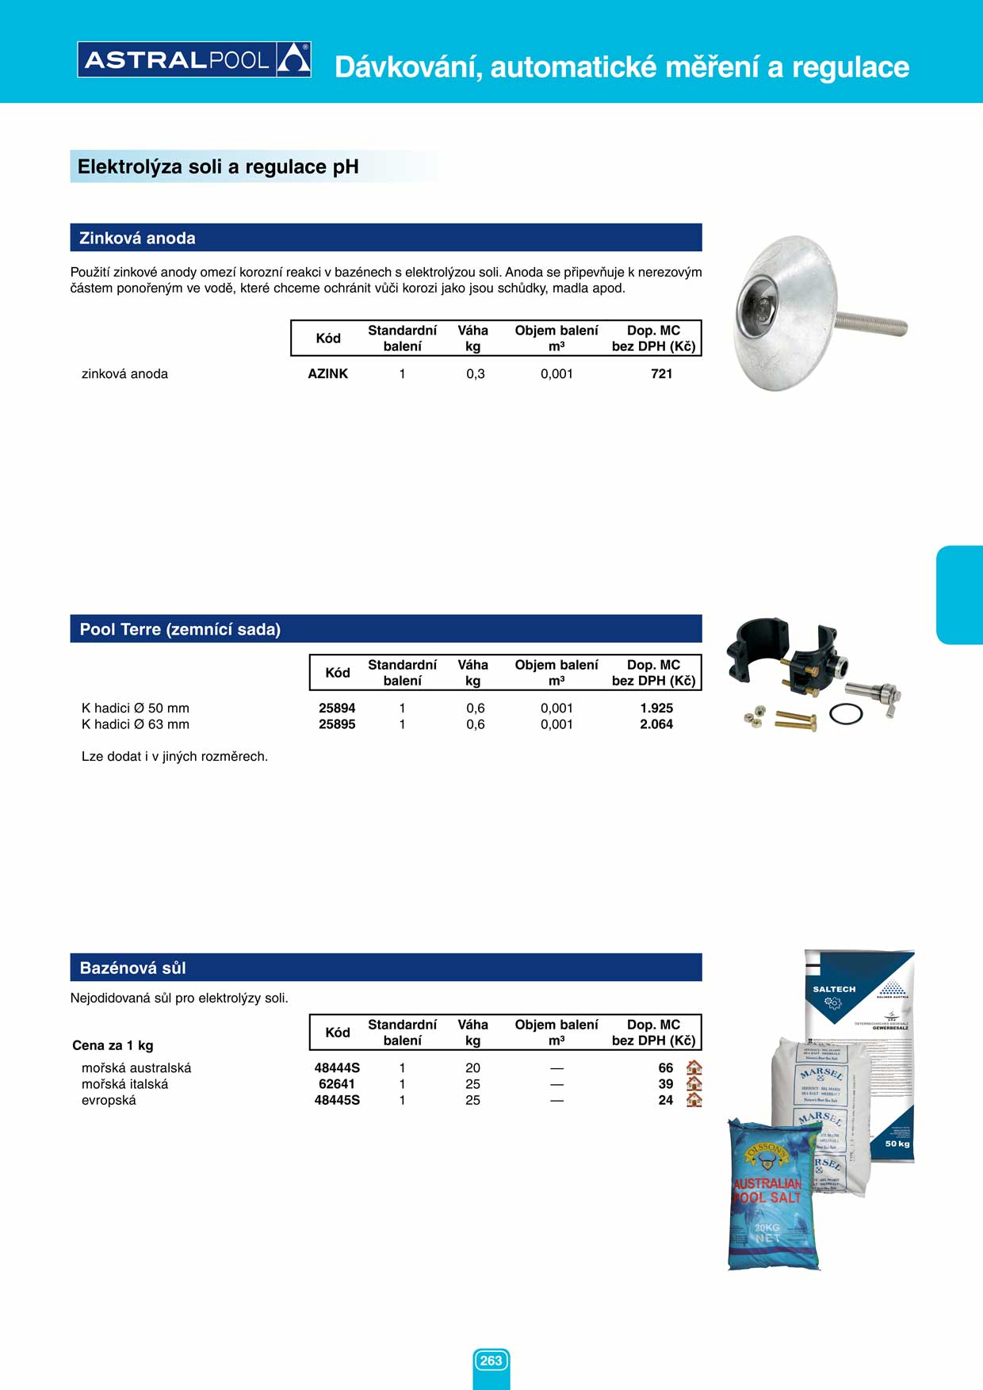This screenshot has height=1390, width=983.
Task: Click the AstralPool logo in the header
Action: (194, 59)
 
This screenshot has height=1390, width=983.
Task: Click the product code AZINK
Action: (327, 374)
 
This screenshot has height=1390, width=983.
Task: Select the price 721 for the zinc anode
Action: (661, 374)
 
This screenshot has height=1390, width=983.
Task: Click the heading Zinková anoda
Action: (137, 238)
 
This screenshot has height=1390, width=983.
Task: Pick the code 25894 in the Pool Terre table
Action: (337, 708)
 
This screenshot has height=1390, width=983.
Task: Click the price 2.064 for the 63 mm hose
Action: (656, 724)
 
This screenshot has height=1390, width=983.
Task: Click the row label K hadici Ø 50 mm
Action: (136, 708)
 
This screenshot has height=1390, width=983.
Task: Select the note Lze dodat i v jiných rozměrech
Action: (174, 757)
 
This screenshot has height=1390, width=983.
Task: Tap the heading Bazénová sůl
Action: (133, 968)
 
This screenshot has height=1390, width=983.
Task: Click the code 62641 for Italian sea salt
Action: (337, 1084)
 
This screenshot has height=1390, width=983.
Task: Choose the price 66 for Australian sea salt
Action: (665, 1068)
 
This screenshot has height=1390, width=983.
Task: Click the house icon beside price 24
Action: (694, 1100)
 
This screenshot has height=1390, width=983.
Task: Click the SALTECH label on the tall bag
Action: (834, 989)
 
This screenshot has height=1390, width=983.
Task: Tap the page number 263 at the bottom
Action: (491, 1361)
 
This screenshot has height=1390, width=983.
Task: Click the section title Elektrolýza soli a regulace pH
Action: (218, 167)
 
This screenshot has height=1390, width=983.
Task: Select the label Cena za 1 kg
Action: (113, 1045)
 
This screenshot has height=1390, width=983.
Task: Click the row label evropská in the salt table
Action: (109, 1101)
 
